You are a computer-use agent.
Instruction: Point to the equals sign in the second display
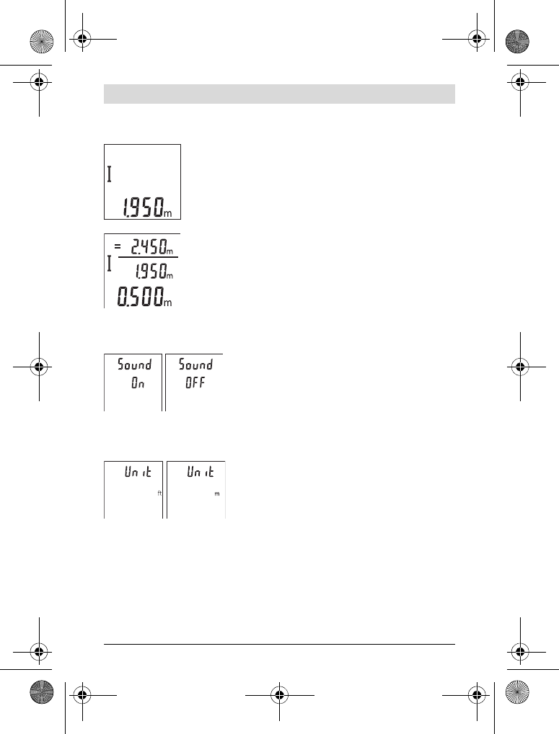117,245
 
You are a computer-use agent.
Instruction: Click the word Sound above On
134,364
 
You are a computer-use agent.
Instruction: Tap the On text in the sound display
138,383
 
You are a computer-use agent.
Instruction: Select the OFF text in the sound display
195,383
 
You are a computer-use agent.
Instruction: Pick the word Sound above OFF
196,364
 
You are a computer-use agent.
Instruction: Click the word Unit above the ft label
138,471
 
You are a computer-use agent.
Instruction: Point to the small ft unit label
160,493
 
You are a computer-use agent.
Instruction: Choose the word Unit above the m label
201,471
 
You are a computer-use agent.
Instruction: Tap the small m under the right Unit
217,494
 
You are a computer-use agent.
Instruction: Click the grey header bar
279,94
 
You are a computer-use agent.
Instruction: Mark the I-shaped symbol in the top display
109,174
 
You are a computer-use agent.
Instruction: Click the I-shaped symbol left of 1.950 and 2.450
109,264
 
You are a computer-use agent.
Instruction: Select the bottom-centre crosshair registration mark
279,695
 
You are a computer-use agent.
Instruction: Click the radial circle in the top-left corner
42,41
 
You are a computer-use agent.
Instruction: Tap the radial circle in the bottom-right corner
517,692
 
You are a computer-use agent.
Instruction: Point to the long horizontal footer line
279,644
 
